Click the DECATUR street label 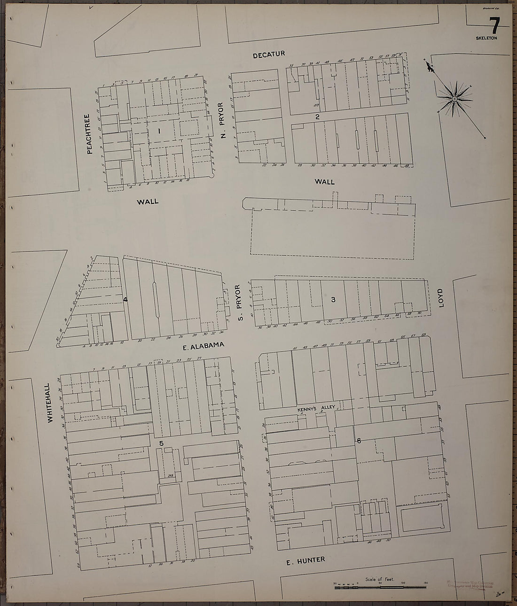pyautogui.click(x=269, y=55)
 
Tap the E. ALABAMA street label pyautogui.click(x=202, y=346)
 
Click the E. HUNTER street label pyautogui.click(x=306, y=560)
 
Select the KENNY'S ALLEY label pyautogui.click(x=315, y=409)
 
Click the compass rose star pyautogui.click(x=454, y=99)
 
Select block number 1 pyautogui.click(x=159, y=132)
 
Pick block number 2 pyautogui.click(x=318, y=117)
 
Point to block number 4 pyautogui.click(x=125, y=299)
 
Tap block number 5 pyautogui.click(x=161, y=443)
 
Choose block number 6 pyautogui.click(x=359, y=440)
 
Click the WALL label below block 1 pyautogui.click(x=148, y=202)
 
